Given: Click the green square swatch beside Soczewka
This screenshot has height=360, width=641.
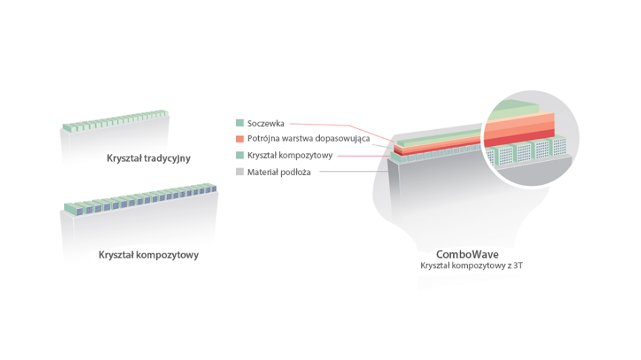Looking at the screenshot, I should coord(240,123).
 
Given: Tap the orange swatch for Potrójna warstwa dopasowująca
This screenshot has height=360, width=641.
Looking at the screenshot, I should coord(240,139).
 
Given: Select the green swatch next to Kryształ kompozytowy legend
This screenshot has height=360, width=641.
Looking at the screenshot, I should coord(240,156).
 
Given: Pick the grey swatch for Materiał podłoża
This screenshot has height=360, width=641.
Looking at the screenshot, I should coord(240,172).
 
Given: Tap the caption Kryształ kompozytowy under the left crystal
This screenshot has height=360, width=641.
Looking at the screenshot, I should coord(149,255).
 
